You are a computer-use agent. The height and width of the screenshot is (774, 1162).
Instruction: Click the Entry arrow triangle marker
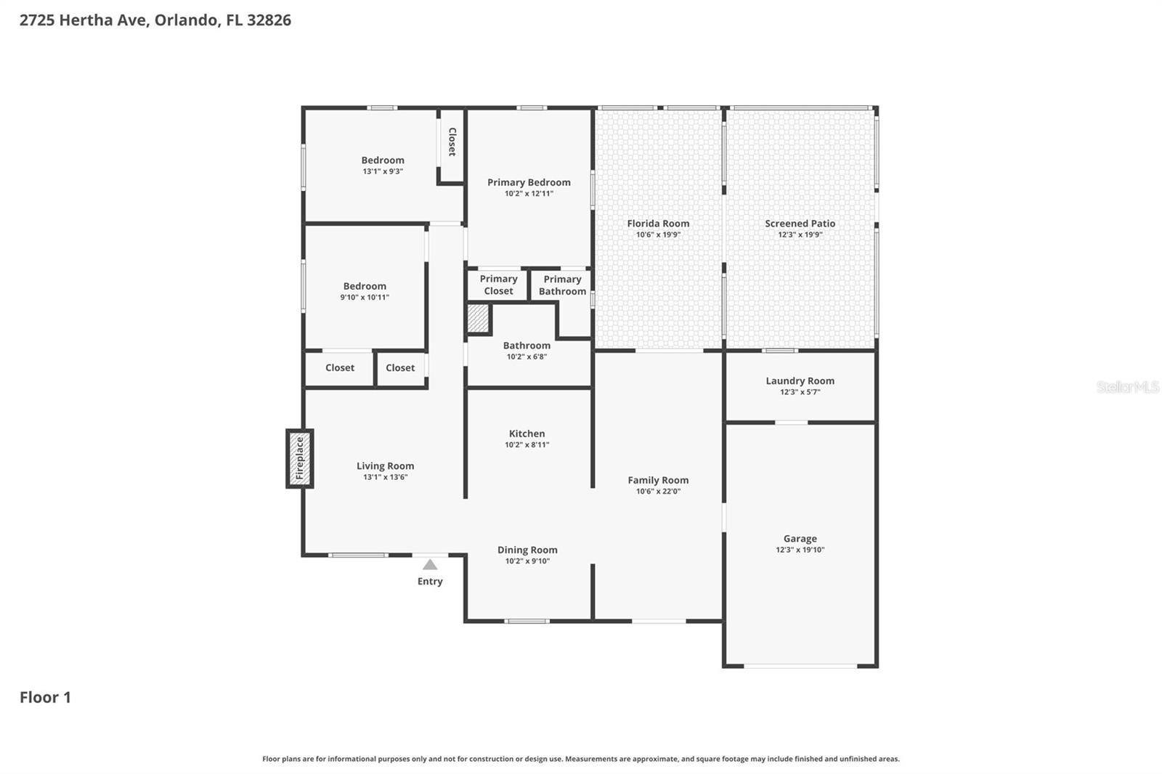point(430,565)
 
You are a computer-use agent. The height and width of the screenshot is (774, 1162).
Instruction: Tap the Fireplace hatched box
point(299,458)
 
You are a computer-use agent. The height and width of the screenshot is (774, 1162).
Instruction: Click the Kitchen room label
point(527,433)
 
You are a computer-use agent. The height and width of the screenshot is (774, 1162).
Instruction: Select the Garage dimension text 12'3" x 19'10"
point(800,550)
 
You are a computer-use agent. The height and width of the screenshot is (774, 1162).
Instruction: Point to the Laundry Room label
point(800,380)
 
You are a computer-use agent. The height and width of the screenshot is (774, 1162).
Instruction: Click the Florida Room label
point(658,224)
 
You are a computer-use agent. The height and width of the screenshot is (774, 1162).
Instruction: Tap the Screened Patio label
point(800,224)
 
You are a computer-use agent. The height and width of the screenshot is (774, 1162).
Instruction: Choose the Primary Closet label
point(498,285)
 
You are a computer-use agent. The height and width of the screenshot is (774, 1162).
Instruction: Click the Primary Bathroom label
point(562,285)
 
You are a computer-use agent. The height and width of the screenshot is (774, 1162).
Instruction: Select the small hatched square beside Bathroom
point(478,318)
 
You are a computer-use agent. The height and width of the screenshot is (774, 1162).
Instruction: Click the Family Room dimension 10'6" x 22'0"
point(658,492)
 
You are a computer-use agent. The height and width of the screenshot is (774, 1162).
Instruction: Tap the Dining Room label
point(527,550)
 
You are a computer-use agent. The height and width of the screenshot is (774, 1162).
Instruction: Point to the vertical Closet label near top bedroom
point(452,142)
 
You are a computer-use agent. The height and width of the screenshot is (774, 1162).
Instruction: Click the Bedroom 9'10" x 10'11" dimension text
point(365,298)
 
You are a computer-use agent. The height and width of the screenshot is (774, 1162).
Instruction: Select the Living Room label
point(385,466)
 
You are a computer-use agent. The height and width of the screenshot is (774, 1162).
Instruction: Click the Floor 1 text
point(45,697)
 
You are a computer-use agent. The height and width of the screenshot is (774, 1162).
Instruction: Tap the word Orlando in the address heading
point(186,20)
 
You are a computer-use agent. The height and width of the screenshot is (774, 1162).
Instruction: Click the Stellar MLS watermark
point(1127,387)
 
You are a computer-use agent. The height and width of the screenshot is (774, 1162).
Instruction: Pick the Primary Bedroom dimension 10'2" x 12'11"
point(529,194)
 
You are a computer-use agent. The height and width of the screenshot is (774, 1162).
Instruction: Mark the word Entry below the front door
point(430,581)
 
